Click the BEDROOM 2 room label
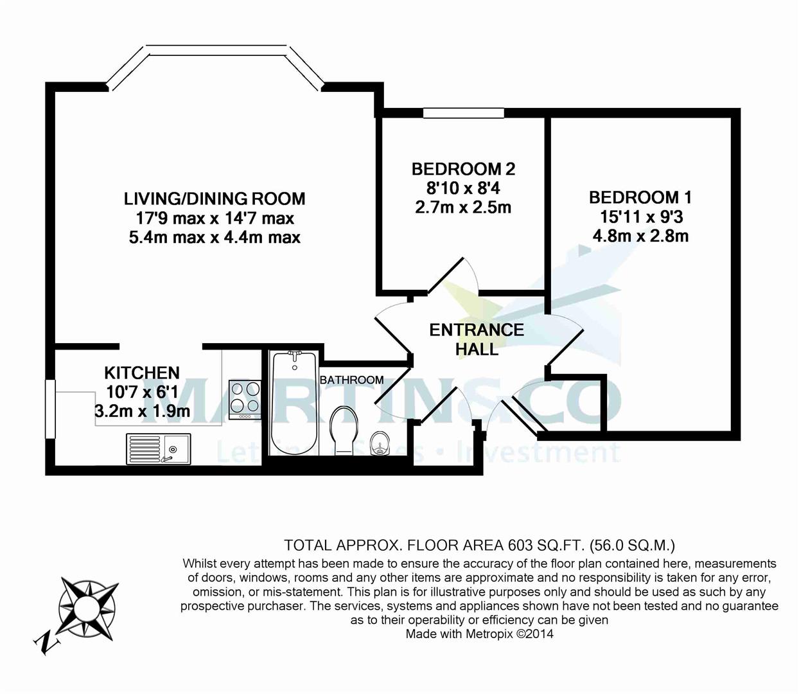pyautogui.click(x=463, y=169)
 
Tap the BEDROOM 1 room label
pyautogui.click(x=640, y=197)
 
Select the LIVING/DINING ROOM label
pyautogui.click(x=215, y=199)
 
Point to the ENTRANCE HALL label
pyautogui.click(x=477, y=339)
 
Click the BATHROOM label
pyautogui.click(x=351, y=380)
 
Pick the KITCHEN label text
pyautogui.click(x=142, y=373)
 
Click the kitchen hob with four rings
pyautogui.click(x=245, y=398)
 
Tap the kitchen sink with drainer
pyautogui.click(x=158, y=448)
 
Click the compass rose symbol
pyautogui.click(x=89, y=606)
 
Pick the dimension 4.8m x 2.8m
pyautogui.click(x=640, y=236)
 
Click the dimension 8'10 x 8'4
pyautogui.click(x=463, y=188)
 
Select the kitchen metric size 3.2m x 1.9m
pyautogui.click(x=142, y=411)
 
